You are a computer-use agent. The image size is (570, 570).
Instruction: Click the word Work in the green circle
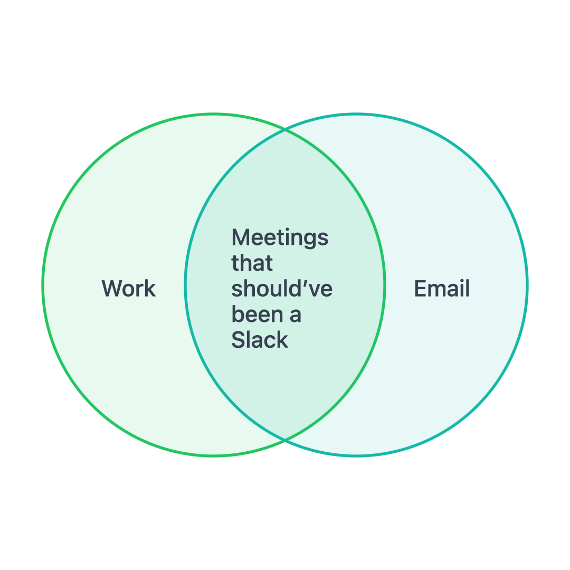(x=129, y=289)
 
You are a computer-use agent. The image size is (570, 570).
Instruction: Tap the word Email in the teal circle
(x=442, y=289)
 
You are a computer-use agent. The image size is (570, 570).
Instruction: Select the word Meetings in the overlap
(x=280, y=238)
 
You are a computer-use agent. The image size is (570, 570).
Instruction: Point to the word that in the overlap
(x=252, y=263)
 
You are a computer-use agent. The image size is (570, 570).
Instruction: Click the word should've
(x=282, y=289)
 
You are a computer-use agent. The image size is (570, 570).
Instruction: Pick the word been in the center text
(x=257, y=315)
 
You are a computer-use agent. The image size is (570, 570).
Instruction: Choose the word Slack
(x=260, y=340)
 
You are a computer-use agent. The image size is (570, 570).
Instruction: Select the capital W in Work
(x=113, y=289)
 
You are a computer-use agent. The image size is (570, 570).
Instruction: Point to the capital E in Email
(x=420, y=289)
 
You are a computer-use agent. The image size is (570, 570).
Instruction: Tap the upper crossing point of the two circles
(x=285, y=129)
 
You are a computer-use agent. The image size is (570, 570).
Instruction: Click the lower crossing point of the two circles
(x=285, y=440)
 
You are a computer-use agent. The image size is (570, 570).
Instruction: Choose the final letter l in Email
(x=468, y=289)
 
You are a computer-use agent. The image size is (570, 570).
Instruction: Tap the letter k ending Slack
(x=283, y=340)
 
